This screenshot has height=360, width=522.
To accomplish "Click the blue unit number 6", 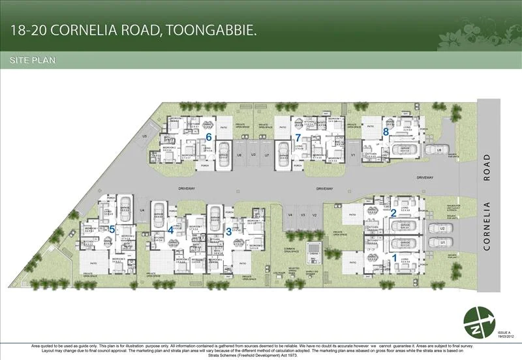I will pyautogui.click(x=209, y=137).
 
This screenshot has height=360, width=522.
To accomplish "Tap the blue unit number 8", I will pyautogui.click(x=386, y=131).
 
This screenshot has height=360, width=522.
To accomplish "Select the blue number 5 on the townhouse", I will pyautogui.click(x=112, y=228).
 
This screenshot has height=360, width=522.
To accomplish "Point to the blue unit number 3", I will pyautogui.click(x=228, y=230).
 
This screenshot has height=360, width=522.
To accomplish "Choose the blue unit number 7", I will pyautogui.click(x=298, y=137).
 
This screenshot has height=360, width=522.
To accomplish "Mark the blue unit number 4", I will pyautogui.click(x=171, y=229).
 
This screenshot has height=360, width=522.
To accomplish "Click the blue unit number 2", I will pyautogui.click(x=393, y=212).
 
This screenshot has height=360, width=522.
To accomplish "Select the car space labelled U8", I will pyautogui.click(x=439, y=150).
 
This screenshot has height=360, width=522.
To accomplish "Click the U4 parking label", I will pyautogui.click(x=142, y=210).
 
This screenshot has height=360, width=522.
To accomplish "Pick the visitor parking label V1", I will pyautogui.click(x=352, y=155).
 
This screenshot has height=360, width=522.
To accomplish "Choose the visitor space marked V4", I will pyautogui.click(x=290, y=215).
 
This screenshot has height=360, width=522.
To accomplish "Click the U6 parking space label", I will pyautogui.click(x=239, y=155).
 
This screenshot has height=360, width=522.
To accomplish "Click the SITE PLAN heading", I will pyautogui.click(x=33, y=60).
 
